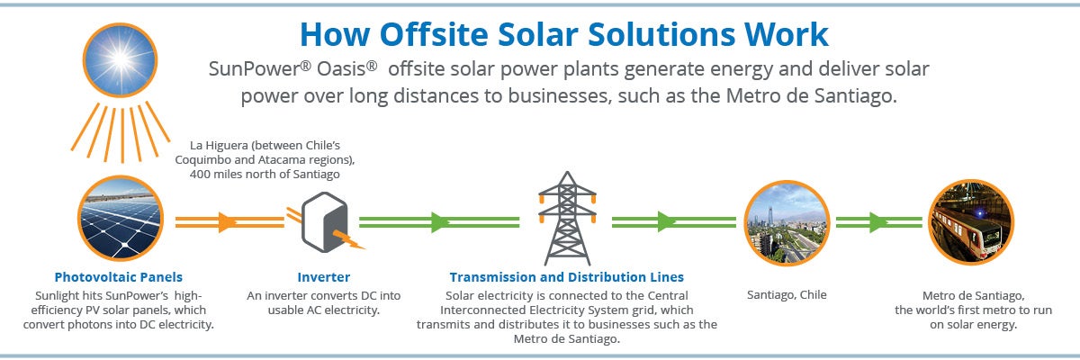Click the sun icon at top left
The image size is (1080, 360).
pyautogui.click(x=121, y=58)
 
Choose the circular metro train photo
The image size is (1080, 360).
pyautogui.click(x=970, y=221)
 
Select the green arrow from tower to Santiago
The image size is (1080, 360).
pyautogui.click(x=666, y=221)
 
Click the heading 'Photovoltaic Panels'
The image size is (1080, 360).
pyautogui.click(x=118, y=277)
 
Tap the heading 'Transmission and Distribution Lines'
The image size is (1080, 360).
pyautogui.click(x=566, y=277)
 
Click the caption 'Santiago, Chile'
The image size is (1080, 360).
pyautogui.click(x=787, y=294)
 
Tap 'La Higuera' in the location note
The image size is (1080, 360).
pyautogui.click(x=221, y=145)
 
